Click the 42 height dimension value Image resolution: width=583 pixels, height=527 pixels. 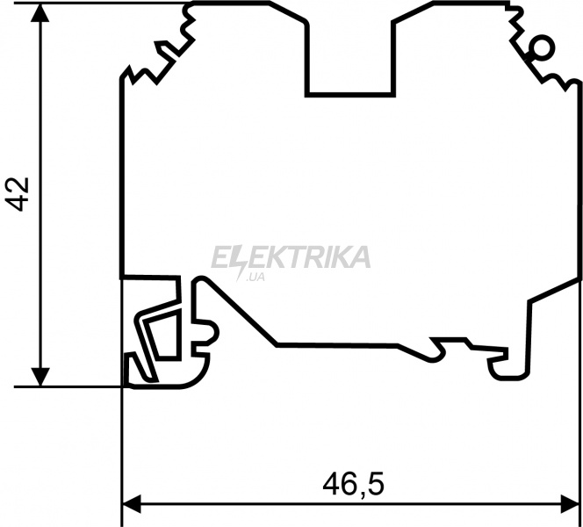pyautogui.click(x=18, y=194)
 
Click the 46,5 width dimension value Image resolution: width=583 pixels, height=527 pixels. pyautogui.click(x=353, y=484)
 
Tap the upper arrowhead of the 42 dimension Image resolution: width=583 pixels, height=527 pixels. pyautogui.click(x=40, y=12)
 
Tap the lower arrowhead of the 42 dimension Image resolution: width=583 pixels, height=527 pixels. pyautogui.click(x=40, y=377)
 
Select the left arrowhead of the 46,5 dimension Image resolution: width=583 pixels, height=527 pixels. pyautogui.click(x=132, y=504)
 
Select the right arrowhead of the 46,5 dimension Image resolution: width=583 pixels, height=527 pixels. pyautogui.click(x=570, y=504)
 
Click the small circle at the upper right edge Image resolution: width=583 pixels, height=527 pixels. pyautogui.click(x=542, y=48)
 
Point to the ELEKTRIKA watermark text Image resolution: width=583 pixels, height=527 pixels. pyautogui.click(x=291, y=256)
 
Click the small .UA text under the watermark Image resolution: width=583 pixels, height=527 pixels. pyautogui.click(x=256, y=277)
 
